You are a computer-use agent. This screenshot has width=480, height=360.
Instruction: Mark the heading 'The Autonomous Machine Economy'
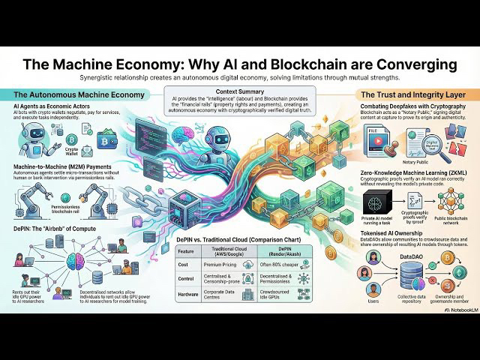pos(68,95)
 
